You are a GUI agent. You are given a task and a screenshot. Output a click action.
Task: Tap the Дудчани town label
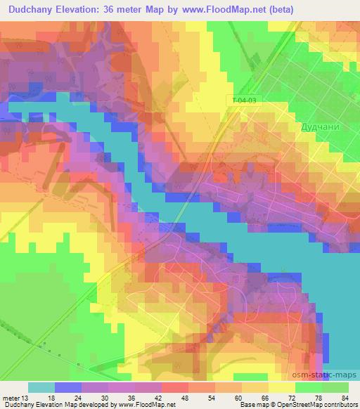tap(321, 127)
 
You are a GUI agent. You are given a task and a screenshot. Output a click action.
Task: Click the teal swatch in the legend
tap(41, 387)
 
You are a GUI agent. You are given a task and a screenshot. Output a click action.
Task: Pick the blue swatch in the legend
tap(68, 387)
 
